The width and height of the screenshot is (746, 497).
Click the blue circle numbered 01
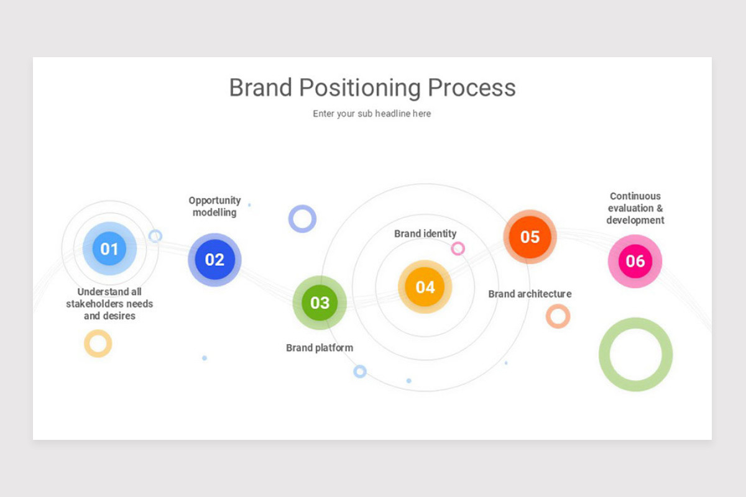(x=109, y=248)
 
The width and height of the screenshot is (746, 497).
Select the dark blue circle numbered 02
(x=214, y=260)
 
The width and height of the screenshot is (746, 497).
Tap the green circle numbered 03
(x=320, y=303)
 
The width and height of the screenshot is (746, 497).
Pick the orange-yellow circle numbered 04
(x=425, y=287)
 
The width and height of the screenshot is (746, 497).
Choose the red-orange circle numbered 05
(x=530, y=237)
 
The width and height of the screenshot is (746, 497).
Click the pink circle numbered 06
(x=635, y=261)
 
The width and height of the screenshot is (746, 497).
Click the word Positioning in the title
(x=361, y=88)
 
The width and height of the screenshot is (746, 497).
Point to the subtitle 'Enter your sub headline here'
(x=372, y=114)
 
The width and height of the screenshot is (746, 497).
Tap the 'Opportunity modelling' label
(x=214, y=206)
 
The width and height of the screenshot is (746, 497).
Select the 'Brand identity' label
(x=425, y=234)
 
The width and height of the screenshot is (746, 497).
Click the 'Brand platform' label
(x=320, y=348)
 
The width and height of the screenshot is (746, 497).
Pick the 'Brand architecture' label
(x=530, y=294)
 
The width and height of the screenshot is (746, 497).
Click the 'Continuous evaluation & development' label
(x=635, y=208)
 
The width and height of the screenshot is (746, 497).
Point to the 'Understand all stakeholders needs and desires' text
(x=109, y=304)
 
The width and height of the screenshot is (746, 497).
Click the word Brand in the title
(x=261, y=88)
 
